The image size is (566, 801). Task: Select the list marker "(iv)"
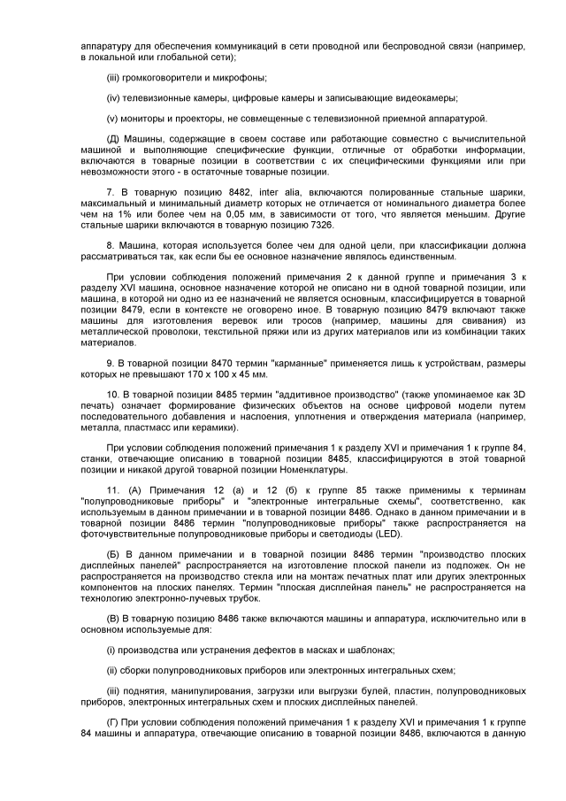pos(113,97)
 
